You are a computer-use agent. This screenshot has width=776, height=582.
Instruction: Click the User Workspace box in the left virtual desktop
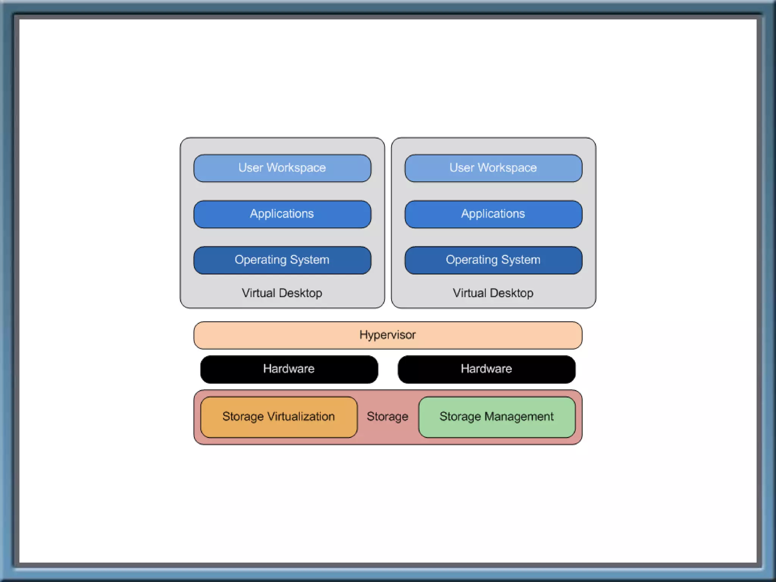(x=282, y=168)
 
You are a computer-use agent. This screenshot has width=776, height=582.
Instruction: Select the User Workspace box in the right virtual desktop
(x=493, y=168)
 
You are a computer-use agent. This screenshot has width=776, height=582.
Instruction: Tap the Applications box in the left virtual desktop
(x=282, y=214)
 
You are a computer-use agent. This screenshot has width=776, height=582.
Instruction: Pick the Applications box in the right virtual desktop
(x=493, y=214)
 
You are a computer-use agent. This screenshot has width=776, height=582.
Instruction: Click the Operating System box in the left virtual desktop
(x=282, y=260)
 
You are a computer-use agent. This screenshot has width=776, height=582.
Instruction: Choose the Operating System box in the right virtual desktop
(x=493, y=260)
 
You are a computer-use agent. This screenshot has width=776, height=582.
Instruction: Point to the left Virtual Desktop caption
(x=282, y=293)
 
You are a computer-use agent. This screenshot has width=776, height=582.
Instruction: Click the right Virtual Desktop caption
(x=493, y=293)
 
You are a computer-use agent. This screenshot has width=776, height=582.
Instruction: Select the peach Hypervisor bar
(x=388, y=335)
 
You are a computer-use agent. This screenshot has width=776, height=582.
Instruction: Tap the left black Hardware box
(x=289, y=369)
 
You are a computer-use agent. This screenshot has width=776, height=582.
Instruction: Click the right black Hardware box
(x=487, y=369)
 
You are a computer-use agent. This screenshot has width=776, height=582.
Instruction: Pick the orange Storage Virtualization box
(x=279, y=417)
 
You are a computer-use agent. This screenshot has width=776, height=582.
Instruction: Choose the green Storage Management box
(x=497, y=417)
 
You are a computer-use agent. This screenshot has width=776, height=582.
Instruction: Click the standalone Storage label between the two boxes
(x=388, y=417)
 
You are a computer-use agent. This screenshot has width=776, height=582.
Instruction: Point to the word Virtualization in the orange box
(x=301, y=416)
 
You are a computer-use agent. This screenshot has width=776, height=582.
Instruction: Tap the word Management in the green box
(x=519, y=417)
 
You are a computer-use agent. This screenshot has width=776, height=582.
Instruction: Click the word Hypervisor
(x=388, y=335)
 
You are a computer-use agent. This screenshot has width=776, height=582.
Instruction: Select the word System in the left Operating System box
(x=310, y=260)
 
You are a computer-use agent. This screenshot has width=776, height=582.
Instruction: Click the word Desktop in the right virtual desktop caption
(x=512, y=293)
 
